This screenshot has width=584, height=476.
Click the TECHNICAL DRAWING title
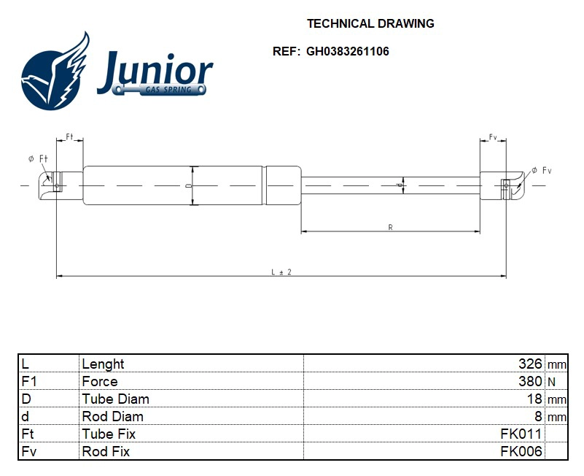click(x=370, y=23)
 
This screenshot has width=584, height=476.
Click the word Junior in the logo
click(x=155, y=71)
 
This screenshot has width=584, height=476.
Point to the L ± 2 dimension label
click(x=281, y=272)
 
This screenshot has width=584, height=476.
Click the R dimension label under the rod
click(x=391, y=228)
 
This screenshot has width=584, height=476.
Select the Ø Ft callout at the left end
click(x=39, y=158)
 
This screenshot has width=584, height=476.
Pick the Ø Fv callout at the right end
click(x=541, y=170)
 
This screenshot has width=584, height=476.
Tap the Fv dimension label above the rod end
click(x=493, y=137)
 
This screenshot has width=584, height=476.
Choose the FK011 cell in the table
click(x=521, y=434)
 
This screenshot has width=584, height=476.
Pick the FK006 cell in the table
click(x=521, y=452)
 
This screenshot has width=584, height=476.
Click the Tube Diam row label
click(x=115, y=399)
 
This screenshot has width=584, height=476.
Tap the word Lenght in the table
click(x=103, y=364)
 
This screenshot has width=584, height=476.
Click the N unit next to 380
click(x=551, y=382)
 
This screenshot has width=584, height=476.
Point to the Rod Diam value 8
click(x=538, y=417)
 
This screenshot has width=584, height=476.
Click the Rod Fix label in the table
click(x=106, y=452)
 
